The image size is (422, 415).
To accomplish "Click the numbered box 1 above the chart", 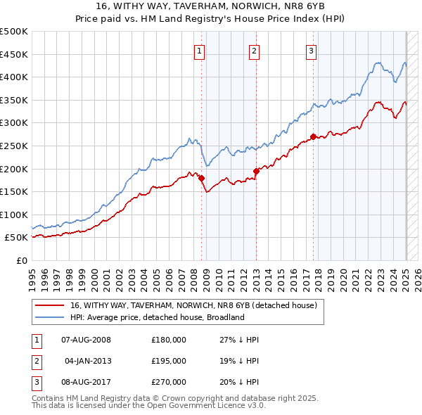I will (x=200, y=50).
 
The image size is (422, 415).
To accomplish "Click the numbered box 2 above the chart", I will (x=254, y=50).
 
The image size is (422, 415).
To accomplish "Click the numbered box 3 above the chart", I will (x=311, y=50).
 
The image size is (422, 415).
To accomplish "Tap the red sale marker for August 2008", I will (x=201, y=178).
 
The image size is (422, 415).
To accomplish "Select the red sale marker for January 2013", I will (x=256, y=171).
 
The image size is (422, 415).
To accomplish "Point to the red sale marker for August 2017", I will (x=314, y=136).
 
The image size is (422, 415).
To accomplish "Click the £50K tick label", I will (x=17, y=238).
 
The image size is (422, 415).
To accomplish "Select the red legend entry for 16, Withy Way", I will (x=193, y=305).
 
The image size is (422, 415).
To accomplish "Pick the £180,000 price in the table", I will (x=169, y=340).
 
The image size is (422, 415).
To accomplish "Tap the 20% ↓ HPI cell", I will (x=240, y=382).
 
